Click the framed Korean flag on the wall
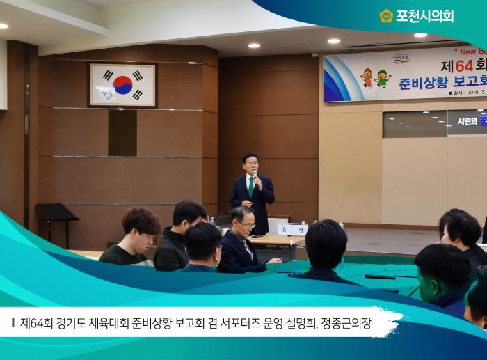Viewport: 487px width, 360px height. coord(122,84)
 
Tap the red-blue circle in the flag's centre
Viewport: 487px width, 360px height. coord(122,84)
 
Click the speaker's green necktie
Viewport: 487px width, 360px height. coord(250,187)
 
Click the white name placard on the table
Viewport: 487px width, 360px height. coord(292,229)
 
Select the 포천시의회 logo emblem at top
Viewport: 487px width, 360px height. coord(386,15)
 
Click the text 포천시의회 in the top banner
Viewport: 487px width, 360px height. coord(424,16)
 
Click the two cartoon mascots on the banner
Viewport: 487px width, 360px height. coord(376,77)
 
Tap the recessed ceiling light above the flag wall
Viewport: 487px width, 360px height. coord(253,45)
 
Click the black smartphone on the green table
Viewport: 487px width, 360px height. coord(380,276)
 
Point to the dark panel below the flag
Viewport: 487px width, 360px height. coord(122,132)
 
